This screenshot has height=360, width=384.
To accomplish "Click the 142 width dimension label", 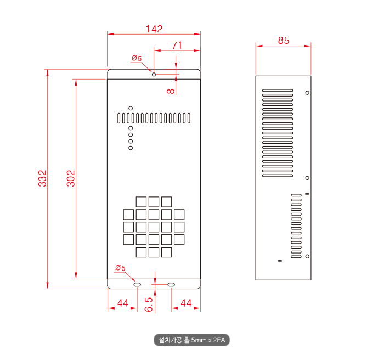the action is point(154,29).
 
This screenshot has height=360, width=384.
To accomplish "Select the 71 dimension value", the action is point(177,46).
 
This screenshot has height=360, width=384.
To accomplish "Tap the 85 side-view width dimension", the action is point(284,41).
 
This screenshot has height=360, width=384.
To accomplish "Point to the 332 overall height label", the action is point(42,178).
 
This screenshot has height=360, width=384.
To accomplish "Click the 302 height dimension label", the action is point(71,178).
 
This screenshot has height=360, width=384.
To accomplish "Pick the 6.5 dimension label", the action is point(149,305).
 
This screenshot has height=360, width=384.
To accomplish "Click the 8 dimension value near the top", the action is point(171,91).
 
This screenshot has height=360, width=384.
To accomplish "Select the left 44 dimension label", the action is point(123,303).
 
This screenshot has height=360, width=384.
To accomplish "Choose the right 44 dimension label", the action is point(186,303).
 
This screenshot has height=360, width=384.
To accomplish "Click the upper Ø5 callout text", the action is point(137,58).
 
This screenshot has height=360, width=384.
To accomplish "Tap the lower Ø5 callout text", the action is point(120,268).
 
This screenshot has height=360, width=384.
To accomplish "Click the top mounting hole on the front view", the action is point(154,74).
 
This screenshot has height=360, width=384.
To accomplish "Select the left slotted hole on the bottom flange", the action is point(137,284).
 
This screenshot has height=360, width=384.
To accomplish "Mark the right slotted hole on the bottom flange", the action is point(171,284).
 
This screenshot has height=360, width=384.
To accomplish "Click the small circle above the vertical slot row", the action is point(131,108).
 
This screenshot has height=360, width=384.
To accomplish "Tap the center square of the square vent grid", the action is point(154,227).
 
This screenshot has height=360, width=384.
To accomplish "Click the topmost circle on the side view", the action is point(307,93).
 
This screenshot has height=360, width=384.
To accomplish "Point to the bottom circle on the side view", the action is point(307,256).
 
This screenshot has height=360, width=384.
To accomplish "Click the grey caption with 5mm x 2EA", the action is point(191,340).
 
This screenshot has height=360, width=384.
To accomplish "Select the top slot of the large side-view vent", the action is point(278,90).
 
